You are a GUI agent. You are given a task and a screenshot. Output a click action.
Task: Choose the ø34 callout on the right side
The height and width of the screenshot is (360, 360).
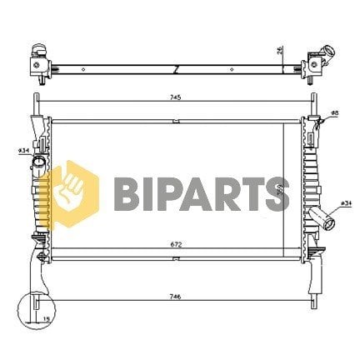pyautogui.click(x=345, y=202)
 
